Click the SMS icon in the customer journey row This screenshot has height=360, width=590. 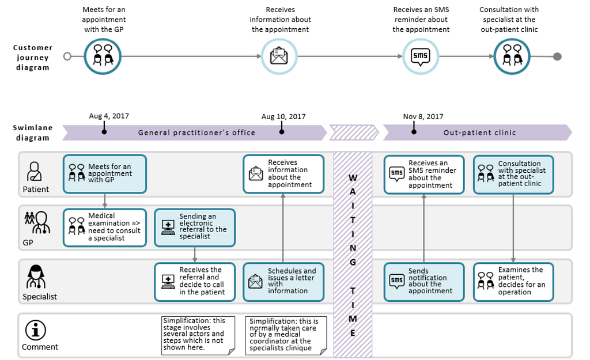420,56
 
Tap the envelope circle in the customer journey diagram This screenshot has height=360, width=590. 279,56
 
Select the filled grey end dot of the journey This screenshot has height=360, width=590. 557,56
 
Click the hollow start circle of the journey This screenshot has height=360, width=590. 67,56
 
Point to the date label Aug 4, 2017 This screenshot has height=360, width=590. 109,116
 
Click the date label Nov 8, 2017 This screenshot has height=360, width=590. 423,116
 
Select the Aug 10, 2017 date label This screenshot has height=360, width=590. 283,116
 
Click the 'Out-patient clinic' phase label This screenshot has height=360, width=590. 479,132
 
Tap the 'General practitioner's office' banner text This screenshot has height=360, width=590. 196,132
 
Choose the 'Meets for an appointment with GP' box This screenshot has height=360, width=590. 105,174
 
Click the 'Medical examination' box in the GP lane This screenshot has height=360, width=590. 105,228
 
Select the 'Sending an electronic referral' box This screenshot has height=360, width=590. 195,228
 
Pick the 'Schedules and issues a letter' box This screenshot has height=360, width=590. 283,282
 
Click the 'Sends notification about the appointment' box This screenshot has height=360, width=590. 424,282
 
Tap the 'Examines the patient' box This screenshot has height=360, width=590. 513,282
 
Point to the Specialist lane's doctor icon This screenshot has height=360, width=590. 36,276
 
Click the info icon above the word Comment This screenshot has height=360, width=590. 35,330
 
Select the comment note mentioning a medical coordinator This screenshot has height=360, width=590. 286,336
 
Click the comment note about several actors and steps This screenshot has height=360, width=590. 198,336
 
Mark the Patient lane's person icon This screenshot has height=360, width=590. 34,172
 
